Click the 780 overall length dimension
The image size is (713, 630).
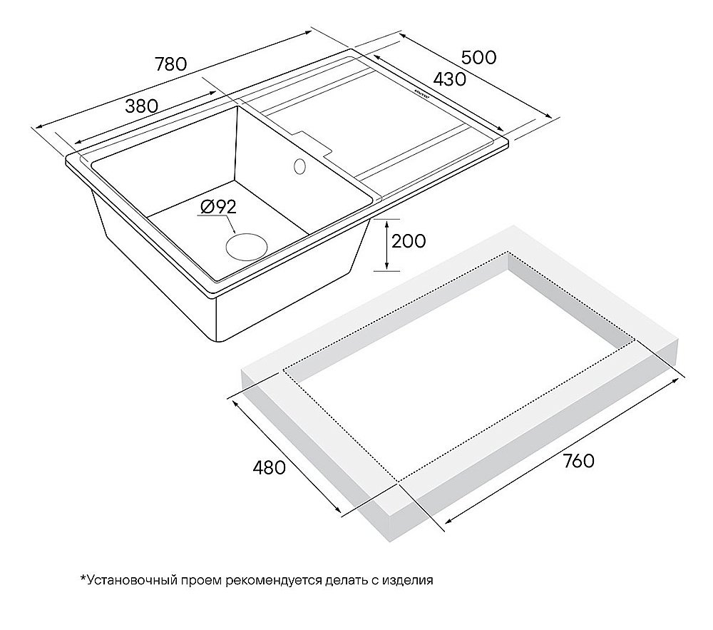(171, 64)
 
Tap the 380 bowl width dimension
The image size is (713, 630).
(141, 106)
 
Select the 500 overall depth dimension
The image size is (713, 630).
(479, 58)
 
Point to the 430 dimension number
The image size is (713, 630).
(450, 79)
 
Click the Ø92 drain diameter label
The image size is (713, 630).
(218, 207)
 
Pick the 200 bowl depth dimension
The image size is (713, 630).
(409, 241)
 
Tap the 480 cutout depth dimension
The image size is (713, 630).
(270, 467)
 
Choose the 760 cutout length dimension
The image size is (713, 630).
(578, 461)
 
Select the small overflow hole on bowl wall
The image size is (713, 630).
(299, 166)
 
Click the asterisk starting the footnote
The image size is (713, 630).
(83, 578)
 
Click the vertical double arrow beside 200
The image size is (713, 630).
(386, 245)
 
